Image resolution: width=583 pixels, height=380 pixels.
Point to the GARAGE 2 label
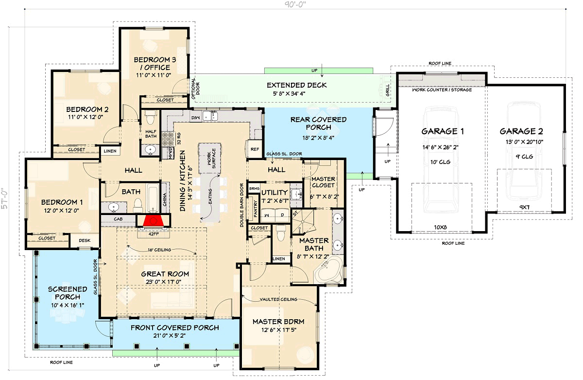(521, 131)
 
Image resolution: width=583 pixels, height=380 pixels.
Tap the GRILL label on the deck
(388, 90)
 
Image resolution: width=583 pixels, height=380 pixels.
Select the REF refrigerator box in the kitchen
(254, 149)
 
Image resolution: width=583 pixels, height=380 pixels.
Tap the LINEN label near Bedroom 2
(110, 151)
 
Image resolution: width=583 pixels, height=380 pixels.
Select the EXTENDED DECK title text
(296, 85)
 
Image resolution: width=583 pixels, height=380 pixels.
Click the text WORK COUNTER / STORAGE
(442, 90)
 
